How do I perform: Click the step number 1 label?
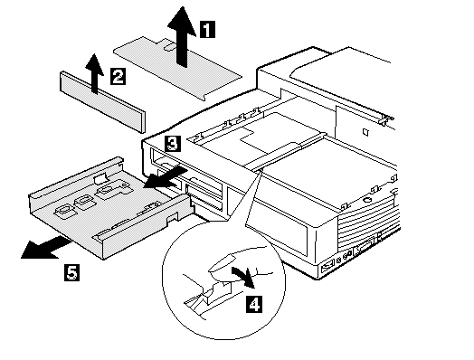[x=208, y=29]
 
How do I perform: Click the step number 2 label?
[x=118, y=76]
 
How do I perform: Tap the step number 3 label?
[x=173, y=144]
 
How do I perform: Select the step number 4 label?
[x=254, y=304]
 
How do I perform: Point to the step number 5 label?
[x=72, y=272]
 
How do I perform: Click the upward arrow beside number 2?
[x=95, y=73]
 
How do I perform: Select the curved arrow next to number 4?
[x=243, y=277]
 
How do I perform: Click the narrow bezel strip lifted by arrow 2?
[x=103, y=101]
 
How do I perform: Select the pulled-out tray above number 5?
[x=110, y=207]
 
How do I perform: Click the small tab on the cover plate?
[x=170, y=46]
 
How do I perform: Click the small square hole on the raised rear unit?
[x=365, y=132]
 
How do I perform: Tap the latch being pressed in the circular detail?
[x=212, y=295]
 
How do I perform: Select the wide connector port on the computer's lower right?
[x=365, y=248]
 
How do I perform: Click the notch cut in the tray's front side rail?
[x=172, y=217]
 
